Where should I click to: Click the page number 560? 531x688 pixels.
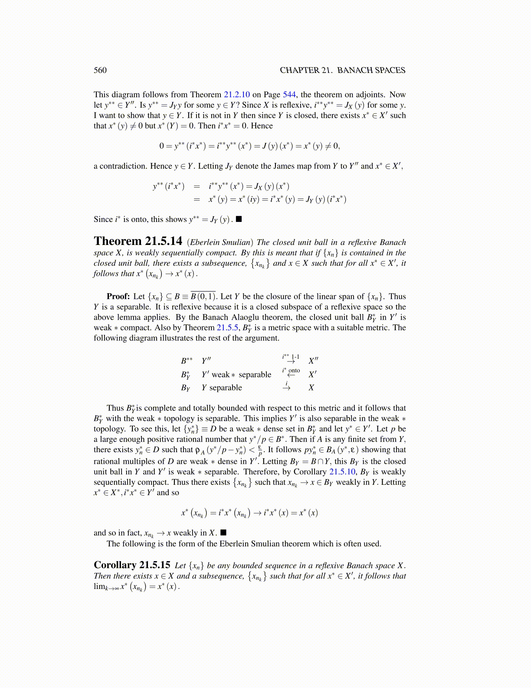(100, 70)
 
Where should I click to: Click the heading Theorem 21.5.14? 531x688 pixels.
(138, 241)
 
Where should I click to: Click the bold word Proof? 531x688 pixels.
(118, 297)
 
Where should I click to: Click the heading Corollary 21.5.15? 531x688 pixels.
(132, 565)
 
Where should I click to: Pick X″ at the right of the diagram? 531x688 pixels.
(313, 361)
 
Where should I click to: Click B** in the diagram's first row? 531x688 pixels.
(187, 361)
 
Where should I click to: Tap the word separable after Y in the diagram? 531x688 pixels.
(226, 388)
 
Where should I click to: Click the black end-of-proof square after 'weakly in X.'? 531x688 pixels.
(223, 533)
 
